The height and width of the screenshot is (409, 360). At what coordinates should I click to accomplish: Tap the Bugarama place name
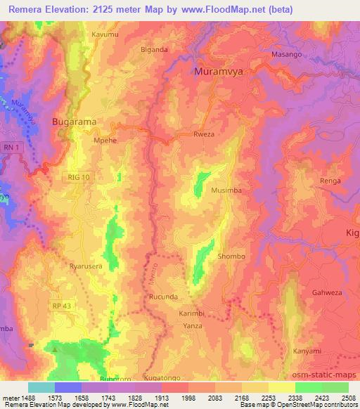(74, 122)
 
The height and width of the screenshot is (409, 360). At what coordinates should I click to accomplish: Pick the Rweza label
(204, 134)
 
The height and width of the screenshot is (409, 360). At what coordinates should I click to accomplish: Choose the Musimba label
(227, 190)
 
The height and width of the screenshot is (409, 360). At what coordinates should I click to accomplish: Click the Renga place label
(330, 181)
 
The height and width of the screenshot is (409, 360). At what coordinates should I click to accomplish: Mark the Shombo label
(231, 257)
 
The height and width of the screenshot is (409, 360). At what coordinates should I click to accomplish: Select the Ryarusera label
(86, 266)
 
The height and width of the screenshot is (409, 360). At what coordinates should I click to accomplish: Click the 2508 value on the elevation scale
(348, 398)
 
